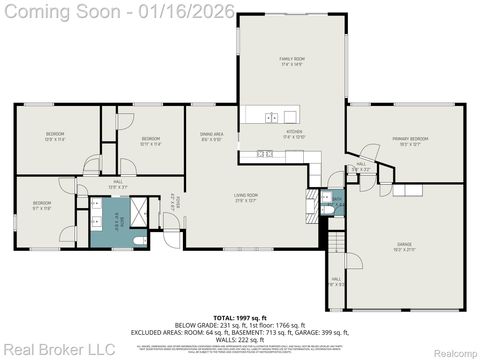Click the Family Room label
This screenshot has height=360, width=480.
pos(292,62)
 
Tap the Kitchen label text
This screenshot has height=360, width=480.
pos(294,134)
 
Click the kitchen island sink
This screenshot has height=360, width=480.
pos(272,117)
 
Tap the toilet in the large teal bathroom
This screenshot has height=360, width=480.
pos(140,240)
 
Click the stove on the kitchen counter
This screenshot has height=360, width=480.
pos(267,154)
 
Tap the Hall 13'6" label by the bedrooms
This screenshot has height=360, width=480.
pos(116,184)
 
